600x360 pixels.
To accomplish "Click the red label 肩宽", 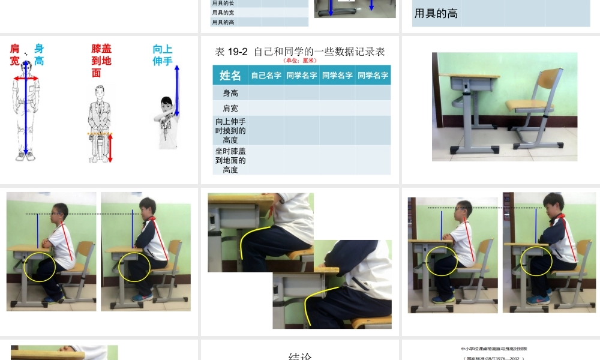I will pyautogui.click(x=14, y=55).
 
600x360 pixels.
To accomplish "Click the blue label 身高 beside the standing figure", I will pyautogui.click(x=38, y=55).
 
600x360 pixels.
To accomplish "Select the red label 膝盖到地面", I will pyautogui.click(x=101, y=61).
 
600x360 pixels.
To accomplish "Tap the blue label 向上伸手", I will pyautogui.click(x=163, y=55).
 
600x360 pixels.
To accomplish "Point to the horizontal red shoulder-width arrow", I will pyautogui.click(x=26, y=78).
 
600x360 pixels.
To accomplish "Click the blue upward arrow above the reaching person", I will pyautogui.click(x=176, y=90).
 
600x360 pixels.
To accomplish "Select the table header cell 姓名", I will pyautogui.click(x=230, y=76).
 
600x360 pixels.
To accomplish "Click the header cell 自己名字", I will pyautogui.click(x=266, y=76).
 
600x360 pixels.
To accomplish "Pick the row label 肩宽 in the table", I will pyautogui.click(x=230, y=109).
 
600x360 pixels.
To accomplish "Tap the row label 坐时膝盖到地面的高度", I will pyautogui.click(x=230, y=160).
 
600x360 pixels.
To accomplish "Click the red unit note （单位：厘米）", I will pyautogui.click(x=299, y=60).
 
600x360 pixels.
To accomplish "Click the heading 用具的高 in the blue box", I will pyautogui.click(x=436, y=13).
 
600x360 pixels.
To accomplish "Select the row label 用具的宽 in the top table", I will pyautogui.click(x=223, y=12).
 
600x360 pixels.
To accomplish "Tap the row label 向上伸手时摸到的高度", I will pyautogui.click(x=230, y=131).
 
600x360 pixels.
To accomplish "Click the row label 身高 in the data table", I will pyautogui.click(x=230, y=93).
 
